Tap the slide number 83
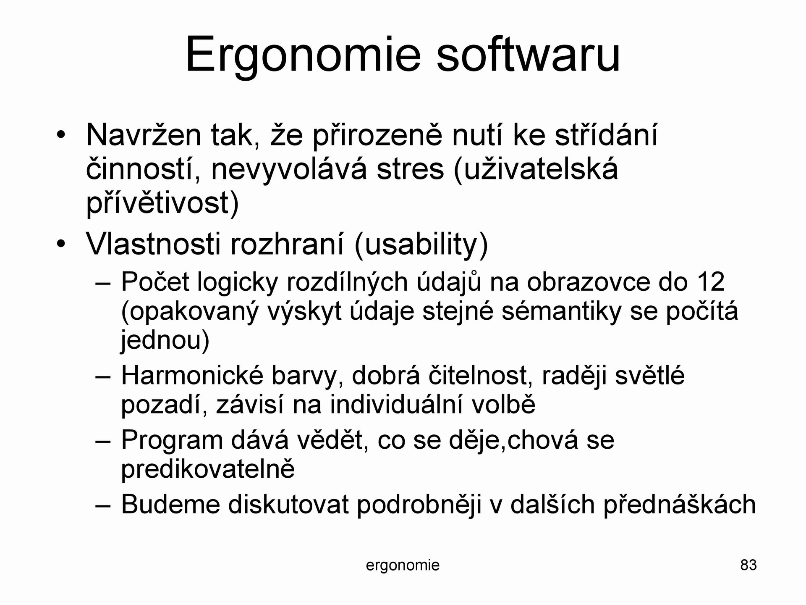tap(748, 565)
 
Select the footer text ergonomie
tap(403, 566)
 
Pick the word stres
tap(410, 170)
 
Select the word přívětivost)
tap(162, 203)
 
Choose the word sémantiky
tap(561, 312)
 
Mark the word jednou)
tap(165, 341)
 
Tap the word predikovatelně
tap(208, 469)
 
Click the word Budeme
tap(171, 504)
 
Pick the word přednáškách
tap(680, 504)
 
